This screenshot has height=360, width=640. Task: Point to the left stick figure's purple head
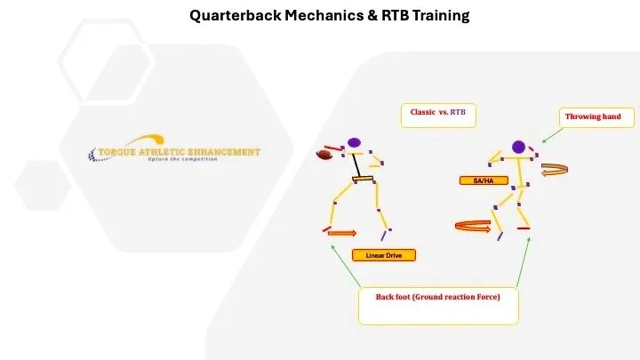[355, 142]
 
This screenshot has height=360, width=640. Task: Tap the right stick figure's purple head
[519, 146]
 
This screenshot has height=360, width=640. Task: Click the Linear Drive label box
[384, 256]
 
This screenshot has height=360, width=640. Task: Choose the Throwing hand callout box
[587, 116]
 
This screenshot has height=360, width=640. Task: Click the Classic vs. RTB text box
[437, 114]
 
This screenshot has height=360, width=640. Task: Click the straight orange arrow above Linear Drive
[342, 234]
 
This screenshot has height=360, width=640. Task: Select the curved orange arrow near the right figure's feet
[471, 226]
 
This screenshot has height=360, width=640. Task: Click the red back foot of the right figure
[523, 228]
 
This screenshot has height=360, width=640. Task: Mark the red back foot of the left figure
[327, 229]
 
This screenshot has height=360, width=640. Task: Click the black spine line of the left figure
[359, 165]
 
